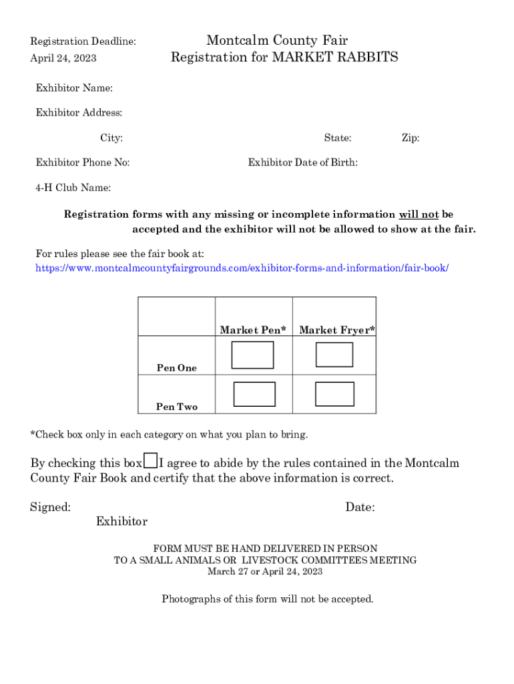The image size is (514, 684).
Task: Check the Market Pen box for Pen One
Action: pos(252,355)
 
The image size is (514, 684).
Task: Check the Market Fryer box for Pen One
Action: pos(334,354)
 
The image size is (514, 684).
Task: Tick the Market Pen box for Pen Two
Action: pos(254,394)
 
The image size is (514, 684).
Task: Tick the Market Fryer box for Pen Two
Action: pos(334,394)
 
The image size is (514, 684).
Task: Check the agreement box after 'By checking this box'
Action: pos(151,461)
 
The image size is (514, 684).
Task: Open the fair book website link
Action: pos(242,268)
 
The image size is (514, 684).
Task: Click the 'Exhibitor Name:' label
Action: pos(74,88)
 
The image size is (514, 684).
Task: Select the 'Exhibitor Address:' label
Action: pos(79,113)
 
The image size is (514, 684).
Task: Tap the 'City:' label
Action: pos(111,138)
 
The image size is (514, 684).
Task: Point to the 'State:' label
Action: pos(338,138)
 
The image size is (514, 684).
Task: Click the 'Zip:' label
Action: pos(410,138)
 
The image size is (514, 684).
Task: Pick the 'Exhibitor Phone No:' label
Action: pos(83,162)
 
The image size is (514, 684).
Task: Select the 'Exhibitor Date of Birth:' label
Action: pos(302,162)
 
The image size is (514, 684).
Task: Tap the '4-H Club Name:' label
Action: pos(73,188)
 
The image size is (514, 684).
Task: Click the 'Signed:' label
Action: pos(51,508)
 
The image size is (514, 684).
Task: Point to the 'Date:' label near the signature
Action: pos(360,508)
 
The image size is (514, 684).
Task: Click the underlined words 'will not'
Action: pos(419,214)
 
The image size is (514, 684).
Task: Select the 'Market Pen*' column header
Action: pos(253,330)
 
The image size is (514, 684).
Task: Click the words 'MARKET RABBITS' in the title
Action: pos(334,57)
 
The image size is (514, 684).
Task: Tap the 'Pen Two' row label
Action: pos(177,407)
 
